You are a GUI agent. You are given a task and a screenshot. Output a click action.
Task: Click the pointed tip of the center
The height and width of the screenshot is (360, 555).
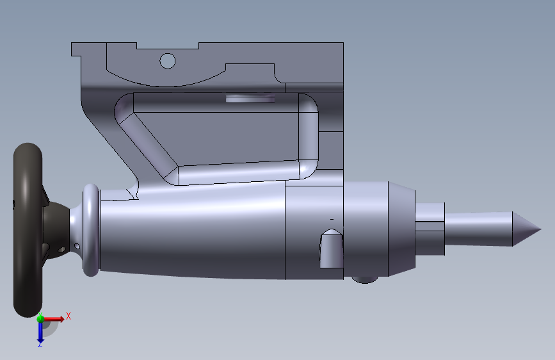541,229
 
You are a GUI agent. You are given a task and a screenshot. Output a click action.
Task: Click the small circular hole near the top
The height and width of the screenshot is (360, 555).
168,61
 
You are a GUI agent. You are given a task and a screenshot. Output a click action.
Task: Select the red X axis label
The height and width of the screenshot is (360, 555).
68,316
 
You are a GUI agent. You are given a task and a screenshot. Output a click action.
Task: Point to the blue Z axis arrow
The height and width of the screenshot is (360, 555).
40,333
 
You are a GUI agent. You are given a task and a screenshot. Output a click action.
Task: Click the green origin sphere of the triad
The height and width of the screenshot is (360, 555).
40,318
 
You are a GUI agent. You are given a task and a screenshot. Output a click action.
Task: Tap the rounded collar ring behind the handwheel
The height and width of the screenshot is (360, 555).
91,230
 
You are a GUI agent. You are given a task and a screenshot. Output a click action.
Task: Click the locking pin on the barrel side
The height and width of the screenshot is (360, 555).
332,249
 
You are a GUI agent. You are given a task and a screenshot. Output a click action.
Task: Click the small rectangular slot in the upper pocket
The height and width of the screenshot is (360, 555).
250,98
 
